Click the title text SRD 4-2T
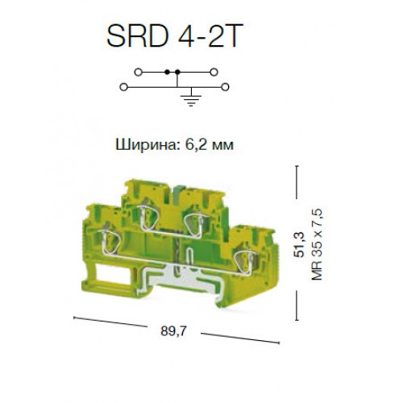pos(175,35)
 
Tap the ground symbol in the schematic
pos(191,98)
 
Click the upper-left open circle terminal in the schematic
pos(138,72)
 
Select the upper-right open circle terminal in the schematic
pos(214,72)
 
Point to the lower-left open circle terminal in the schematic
pos(123,87)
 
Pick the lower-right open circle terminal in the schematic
pos(225,87)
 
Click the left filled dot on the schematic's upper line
pos(167,72)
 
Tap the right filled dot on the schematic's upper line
pos(177,72)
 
